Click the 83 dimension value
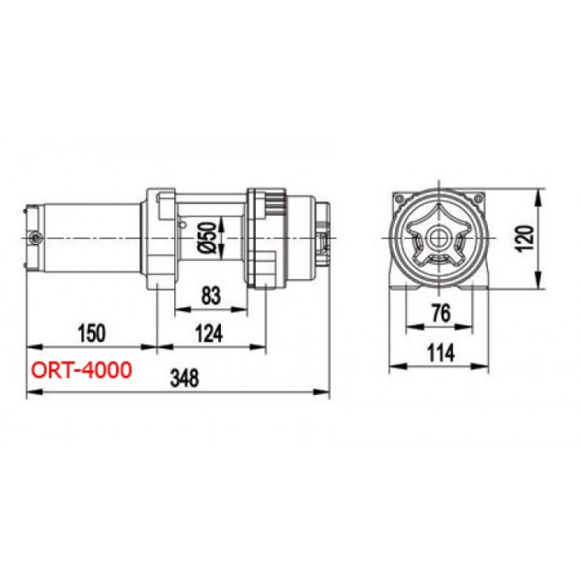(210, 296)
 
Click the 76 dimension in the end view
(439, 313)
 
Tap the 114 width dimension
(439, 353)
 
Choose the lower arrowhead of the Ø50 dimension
(222, 255)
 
